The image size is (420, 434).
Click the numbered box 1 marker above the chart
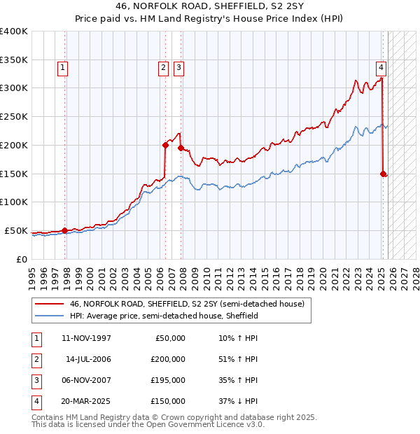point(63,68)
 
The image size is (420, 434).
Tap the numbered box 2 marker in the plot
point(162,68)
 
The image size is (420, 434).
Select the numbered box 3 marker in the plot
point(178,68)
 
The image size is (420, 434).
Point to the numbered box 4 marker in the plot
point(381,68)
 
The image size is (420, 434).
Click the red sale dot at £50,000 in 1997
point(64,230)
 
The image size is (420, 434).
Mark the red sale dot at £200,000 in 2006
point(166,145)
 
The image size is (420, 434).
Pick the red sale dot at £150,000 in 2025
point(384,174)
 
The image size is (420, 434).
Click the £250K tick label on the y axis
point(14,117)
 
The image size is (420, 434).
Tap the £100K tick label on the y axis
point(14,202)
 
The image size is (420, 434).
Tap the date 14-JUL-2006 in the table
point(87,359)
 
